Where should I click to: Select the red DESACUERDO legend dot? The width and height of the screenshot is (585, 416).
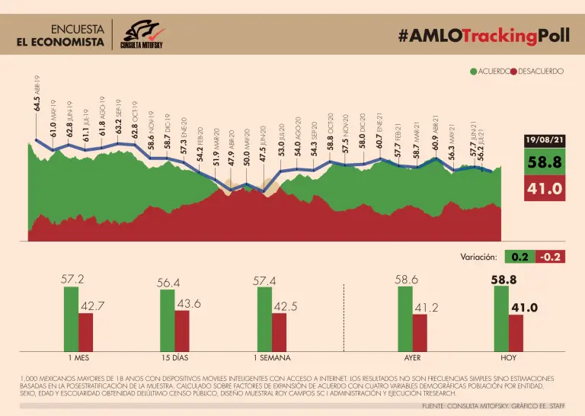pyautogui.click(x=515, y=71)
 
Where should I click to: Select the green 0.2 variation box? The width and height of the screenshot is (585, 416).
pyautogui.click(x=520, y=257)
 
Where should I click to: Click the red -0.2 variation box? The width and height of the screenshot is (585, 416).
pyautogui.click(x=549, y=257)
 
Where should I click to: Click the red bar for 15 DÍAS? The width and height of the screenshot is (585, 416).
pyautogui.click(x=181, y=328)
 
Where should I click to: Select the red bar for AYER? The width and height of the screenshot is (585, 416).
pyautogui.click(x=420, y=330)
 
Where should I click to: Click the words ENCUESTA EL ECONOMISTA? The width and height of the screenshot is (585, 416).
pyautogui.click(x=60, y=35)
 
